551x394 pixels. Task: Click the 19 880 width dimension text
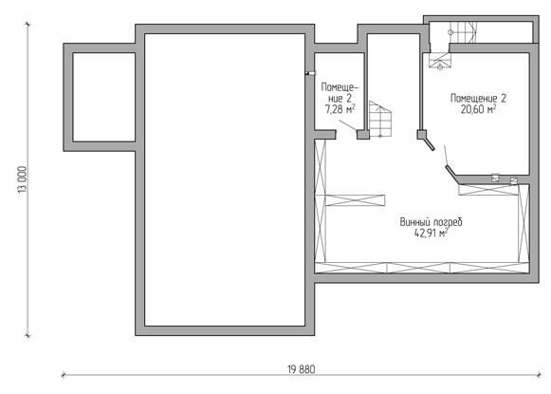point(302,369)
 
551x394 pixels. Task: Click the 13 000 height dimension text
point(23,179)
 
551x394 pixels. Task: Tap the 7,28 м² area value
point(340,109)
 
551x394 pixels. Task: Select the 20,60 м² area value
point(478,109)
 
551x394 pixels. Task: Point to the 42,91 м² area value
point(432,233)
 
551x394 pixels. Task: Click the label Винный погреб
point(432,222)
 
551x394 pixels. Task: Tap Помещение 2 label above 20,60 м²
point(478,98)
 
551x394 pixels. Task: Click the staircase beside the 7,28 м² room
point(380,119)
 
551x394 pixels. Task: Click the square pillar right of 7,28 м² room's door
point(363,135)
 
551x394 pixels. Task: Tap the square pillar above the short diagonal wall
point(422,135)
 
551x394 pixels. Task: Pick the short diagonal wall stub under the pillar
point(430,144)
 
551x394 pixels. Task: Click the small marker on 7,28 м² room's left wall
point(310,73)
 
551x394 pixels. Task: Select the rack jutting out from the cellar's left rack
point(356,200)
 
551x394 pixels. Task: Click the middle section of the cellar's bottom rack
point(418,268)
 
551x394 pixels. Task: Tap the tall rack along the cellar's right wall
point(523,224)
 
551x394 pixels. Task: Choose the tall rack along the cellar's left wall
point(321,200)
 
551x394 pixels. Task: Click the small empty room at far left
point(104,97)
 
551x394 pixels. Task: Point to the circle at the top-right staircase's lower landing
point(440,66)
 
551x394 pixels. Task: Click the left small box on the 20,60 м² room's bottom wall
point(495,178)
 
